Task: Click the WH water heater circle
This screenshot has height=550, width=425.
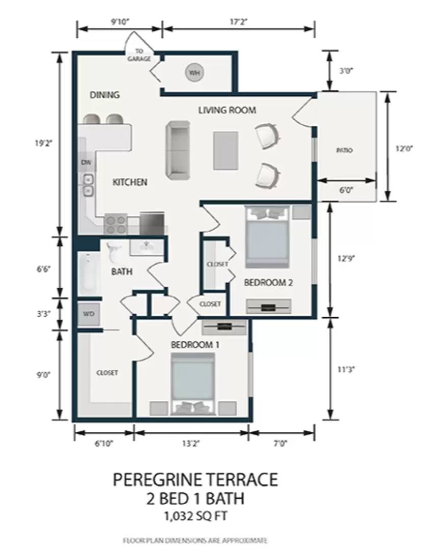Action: [194, 73]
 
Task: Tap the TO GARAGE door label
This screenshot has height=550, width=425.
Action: [139, 56]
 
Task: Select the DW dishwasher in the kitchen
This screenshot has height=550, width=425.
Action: [86, 162]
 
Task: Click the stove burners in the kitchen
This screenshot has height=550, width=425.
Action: [116, 225]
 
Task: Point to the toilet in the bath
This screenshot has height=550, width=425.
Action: [114, 252]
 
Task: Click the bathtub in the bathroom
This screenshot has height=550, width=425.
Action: [88, 274]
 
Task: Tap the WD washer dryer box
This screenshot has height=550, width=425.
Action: [89, 314]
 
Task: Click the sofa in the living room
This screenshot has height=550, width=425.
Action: [178, 150]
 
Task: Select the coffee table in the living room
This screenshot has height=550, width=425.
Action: [226, 150]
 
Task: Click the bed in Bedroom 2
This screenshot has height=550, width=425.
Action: [268, 237]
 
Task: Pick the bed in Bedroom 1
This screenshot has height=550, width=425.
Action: [193, 384]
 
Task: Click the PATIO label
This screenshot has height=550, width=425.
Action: [345, 150]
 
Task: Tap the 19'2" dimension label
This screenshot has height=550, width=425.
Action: [43, 143]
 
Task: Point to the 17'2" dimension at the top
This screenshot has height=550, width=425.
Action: [239, 22]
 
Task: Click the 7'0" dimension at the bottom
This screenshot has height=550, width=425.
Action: [280, 444]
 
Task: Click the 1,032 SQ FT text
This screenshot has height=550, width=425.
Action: [195, 516]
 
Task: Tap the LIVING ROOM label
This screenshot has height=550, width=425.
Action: [227, 110]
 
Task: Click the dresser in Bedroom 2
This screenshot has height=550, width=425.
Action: [269, 307]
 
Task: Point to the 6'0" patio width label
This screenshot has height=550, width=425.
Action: [346, 190]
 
